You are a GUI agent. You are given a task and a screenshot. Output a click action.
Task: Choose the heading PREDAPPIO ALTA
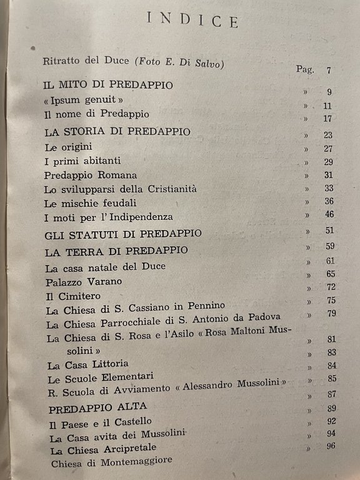89,409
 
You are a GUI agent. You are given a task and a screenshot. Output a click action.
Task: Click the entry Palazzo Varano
84,282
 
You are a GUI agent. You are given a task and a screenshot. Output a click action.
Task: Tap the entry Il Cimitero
74,296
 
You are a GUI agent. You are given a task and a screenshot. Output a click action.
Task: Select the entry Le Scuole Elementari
94,379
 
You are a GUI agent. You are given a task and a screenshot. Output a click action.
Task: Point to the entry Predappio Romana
91,176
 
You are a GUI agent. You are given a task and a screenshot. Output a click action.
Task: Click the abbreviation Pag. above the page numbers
305,69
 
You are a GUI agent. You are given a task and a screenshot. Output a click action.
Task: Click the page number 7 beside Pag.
329,69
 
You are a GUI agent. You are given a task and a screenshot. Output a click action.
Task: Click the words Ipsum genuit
84,100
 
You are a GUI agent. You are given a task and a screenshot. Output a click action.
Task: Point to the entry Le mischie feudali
91,203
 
